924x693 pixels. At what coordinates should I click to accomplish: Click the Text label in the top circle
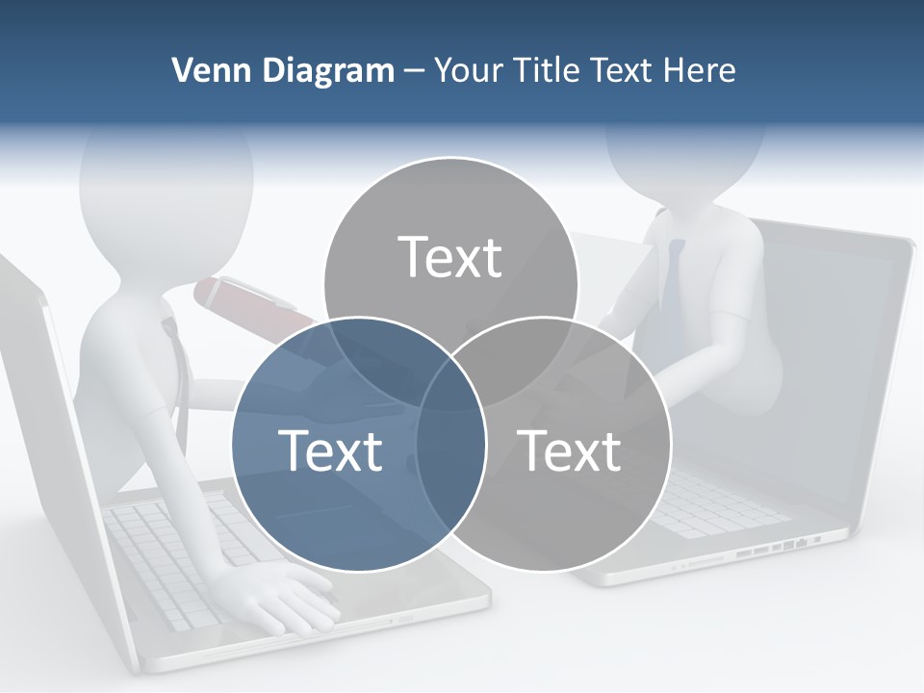[x=450, y=257]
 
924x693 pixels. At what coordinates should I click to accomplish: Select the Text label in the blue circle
[x=330, y=449]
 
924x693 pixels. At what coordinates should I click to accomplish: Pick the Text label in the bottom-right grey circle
[x=569, y=449]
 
